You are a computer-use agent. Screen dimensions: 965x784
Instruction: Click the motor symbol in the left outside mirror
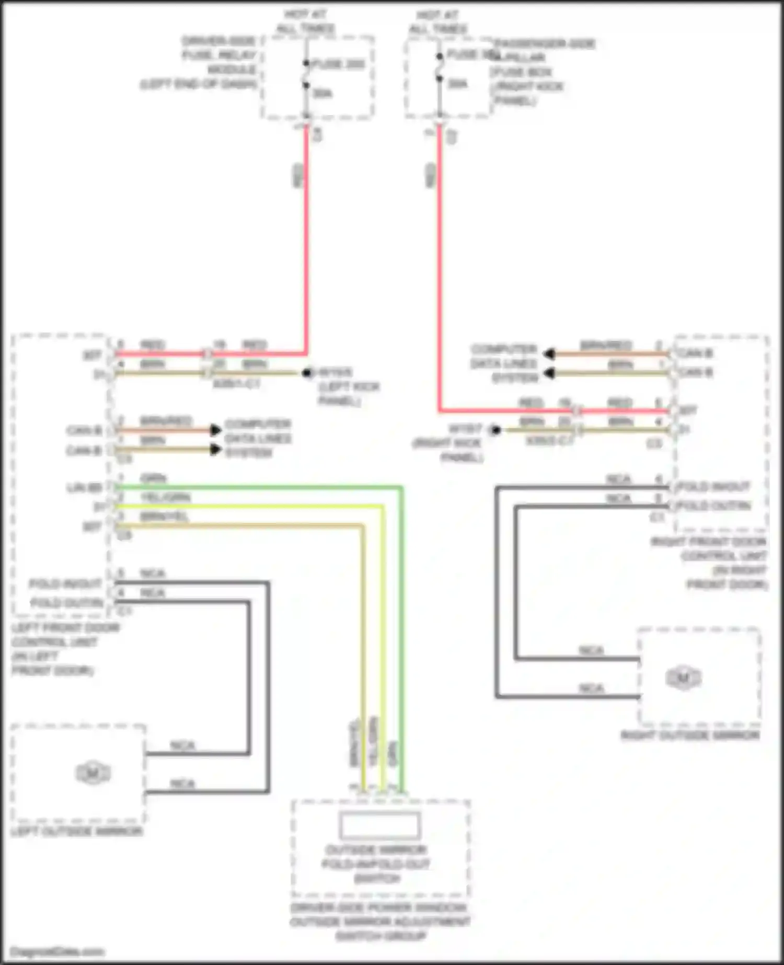coord(93,773)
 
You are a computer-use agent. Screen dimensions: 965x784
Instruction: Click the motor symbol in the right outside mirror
coord(683,678)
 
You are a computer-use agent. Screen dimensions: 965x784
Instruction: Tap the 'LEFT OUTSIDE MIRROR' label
coord(77,831)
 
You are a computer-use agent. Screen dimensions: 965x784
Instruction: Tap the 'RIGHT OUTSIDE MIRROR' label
coord(690,736)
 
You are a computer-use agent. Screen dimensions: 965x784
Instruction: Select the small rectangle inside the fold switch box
coord(379,825)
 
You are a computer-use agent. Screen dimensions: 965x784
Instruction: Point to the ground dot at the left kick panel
coord(307,373)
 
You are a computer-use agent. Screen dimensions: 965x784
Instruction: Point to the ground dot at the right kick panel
coord(495,430)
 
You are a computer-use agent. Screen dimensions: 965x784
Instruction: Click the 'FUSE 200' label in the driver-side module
coord(338,64)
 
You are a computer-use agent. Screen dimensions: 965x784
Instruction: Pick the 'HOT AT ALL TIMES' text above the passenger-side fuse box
coord(437,21)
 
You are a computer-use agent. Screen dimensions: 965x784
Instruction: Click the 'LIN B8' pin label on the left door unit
coord(84,488)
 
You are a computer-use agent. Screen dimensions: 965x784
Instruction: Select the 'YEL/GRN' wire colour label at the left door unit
coord(166,497)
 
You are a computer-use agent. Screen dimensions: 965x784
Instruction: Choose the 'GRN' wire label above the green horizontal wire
coord(153,478)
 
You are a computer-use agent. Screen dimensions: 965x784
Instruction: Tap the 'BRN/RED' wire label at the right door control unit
coord(606,345)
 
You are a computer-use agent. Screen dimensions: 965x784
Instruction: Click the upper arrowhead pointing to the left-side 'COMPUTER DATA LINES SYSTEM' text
coord(215,430)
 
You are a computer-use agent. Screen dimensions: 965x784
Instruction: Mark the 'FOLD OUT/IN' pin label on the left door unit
coord(67,603)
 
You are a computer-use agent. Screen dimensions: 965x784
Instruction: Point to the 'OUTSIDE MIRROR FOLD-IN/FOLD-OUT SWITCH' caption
coord(377,864)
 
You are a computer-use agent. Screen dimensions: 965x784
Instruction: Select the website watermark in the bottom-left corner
coord(57,951)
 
